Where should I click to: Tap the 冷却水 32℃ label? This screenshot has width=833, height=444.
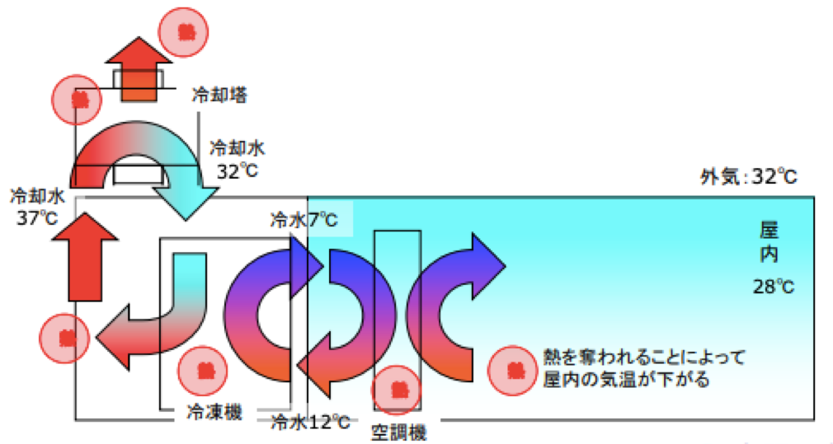238,160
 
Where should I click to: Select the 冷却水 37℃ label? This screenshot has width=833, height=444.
36,208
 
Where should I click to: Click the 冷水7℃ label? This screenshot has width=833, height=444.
304,220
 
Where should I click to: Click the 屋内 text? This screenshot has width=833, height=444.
769,241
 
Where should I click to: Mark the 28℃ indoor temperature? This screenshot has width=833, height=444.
773,287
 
